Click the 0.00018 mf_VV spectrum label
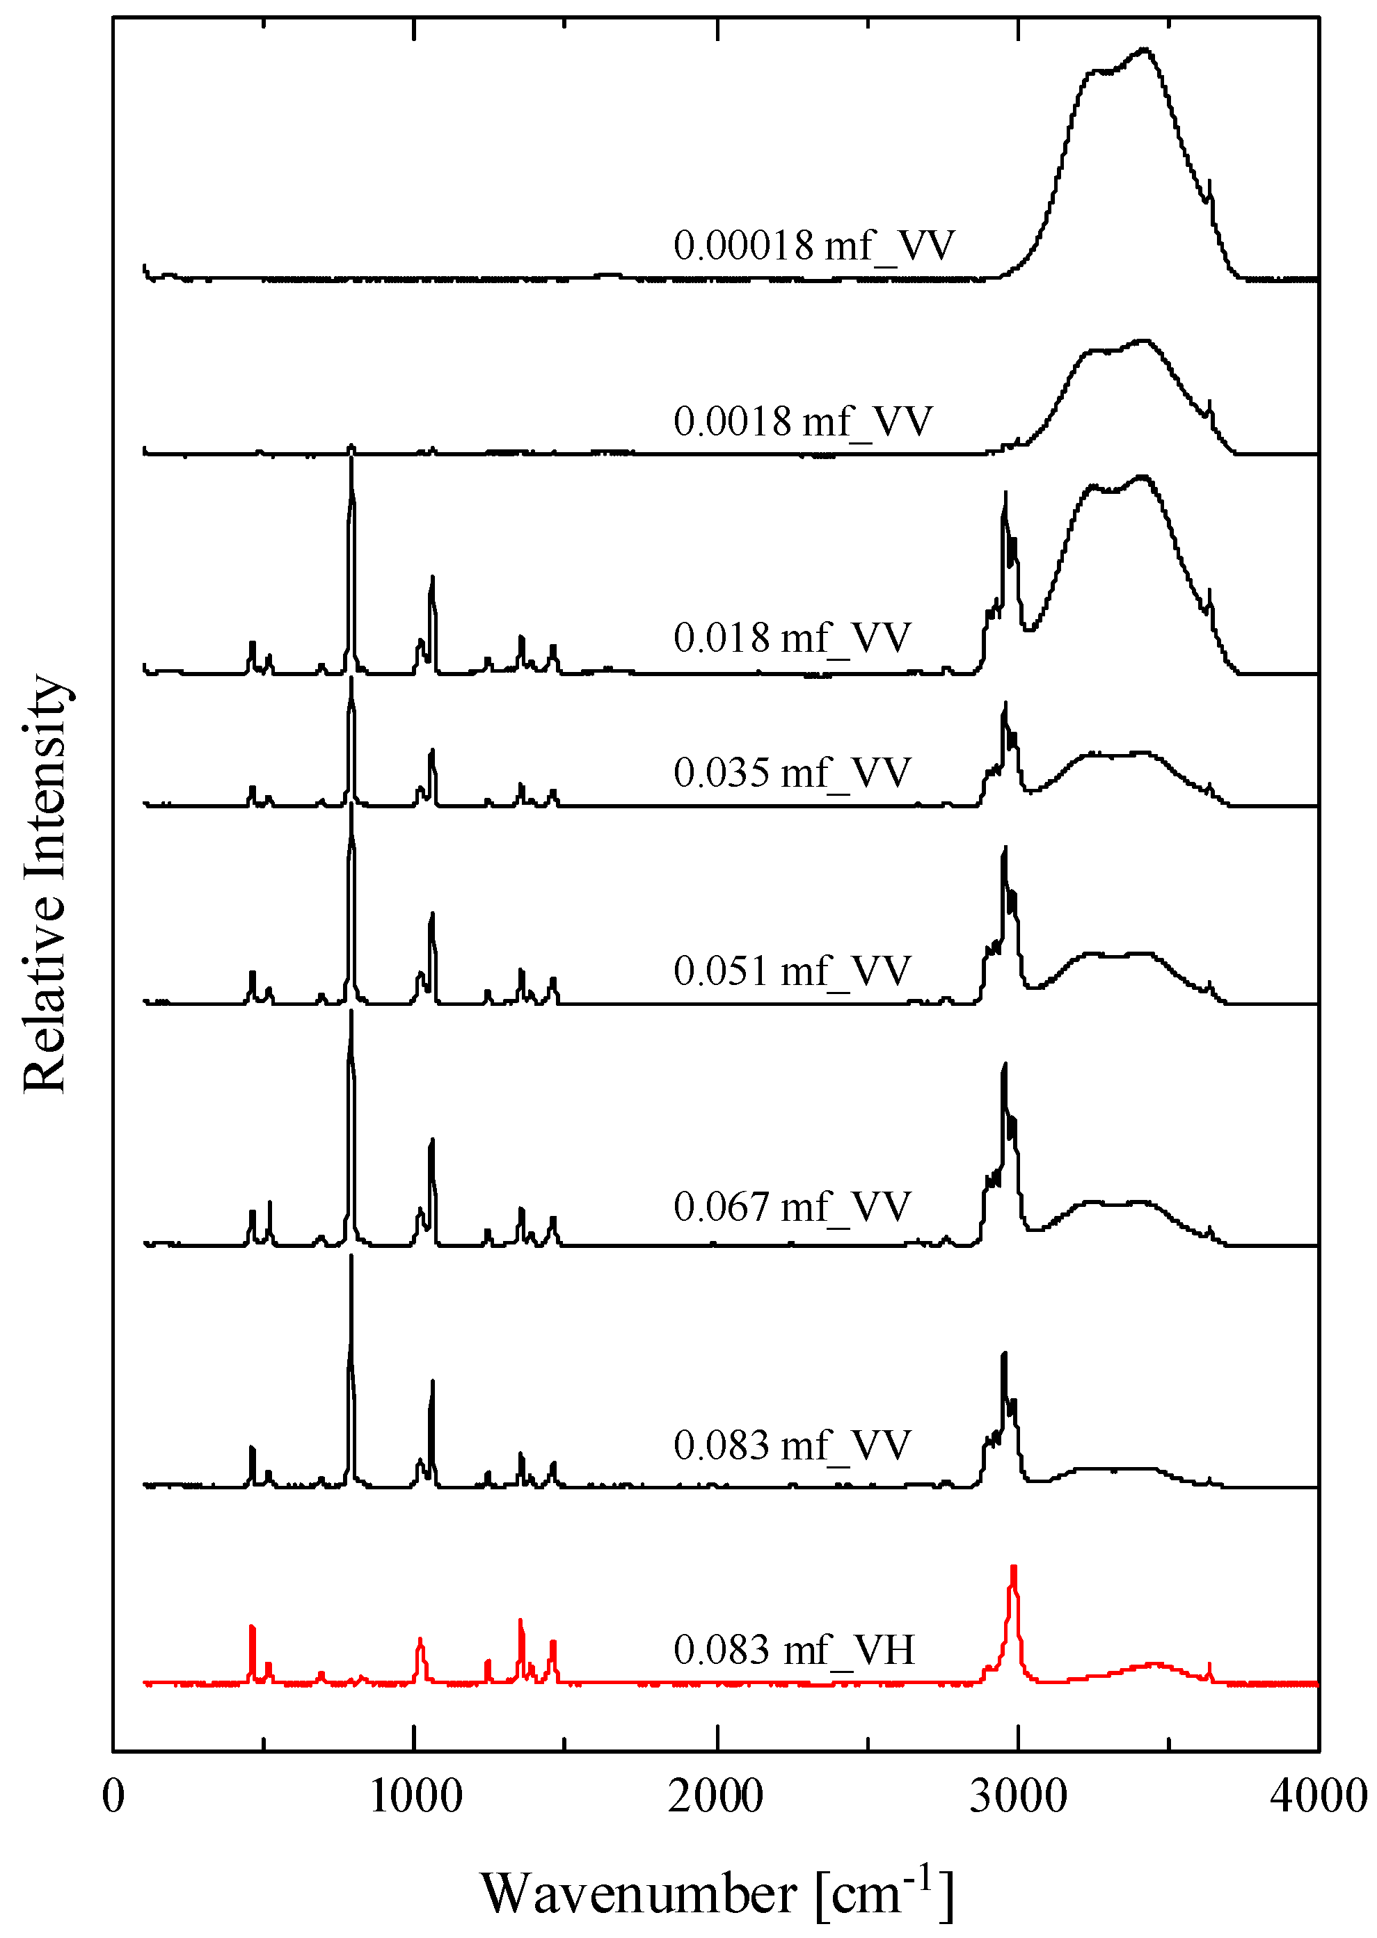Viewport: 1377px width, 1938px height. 813,246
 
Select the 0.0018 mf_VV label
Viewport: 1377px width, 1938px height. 802,422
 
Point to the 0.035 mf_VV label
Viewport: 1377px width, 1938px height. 792,772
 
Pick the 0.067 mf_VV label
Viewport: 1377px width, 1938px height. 792,1206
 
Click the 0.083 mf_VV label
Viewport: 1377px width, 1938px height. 792,1445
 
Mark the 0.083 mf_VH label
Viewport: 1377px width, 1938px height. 794,1650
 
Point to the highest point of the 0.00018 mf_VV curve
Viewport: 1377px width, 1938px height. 1145,49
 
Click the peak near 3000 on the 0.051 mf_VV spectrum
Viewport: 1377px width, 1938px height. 1005,848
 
